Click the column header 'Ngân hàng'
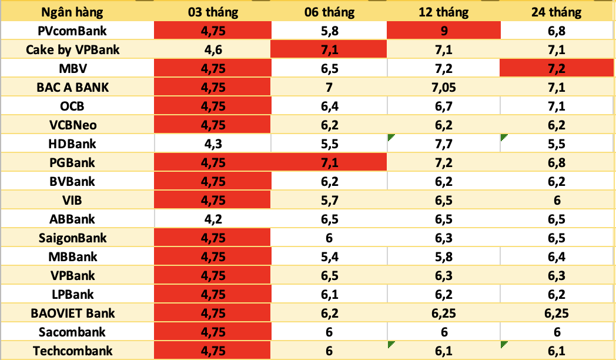click(72, 12)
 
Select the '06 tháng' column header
click(329, 12)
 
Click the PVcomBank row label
click(72, 31)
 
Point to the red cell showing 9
click(444, 31)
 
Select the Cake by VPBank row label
click(72, 49)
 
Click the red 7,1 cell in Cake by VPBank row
click(329, 49)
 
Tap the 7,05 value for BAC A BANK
click(444, 87)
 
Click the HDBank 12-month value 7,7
click(444, 144)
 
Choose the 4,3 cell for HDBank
click(212, 144)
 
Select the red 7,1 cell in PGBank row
click(329, 162)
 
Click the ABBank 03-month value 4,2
click(212, 219)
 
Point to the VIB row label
click(72, 200)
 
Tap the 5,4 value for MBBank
click(329, 256)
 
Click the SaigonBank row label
click(72, 238)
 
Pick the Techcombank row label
click(72, 351)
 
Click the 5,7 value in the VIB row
click(329, 200)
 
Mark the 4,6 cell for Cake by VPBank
click(212, 49)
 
